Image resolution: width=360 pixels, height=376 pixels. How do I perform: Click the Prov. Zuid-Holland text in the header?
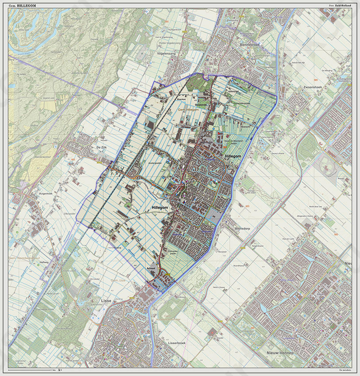pyautogui.click(x=340, y=5)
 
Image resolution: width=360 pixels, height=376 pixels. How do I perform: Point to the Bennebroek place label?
pyautogui.click(x=252, y=45)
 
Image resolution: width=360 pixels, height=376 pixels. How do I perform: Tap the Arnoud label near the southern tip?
pyautogui.click(x=152, y=269)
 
